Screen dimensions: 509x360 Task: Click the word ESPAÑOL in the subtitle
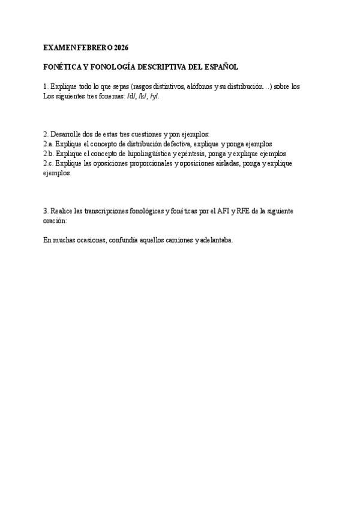(x=221, y=67)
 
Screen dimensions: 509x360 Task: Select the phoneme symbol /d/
(x=131, y=96)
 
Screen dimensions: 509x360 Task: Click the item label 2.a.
(x=48, y=144)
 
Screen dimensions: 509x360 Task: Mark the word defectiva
(x=172, y=144)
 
